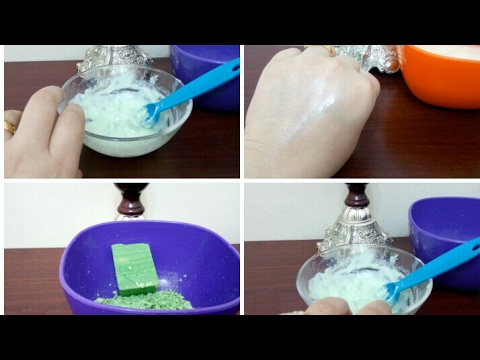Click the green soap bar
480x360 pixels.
[134, 267]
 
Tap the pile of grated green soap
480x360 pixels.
[145, 299]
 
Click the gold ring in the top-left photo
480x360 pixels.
[10, 127]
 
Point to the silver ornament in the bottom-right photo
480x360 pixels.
[356, 225]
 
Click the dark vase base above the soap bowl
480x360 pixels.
[131, 200]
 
